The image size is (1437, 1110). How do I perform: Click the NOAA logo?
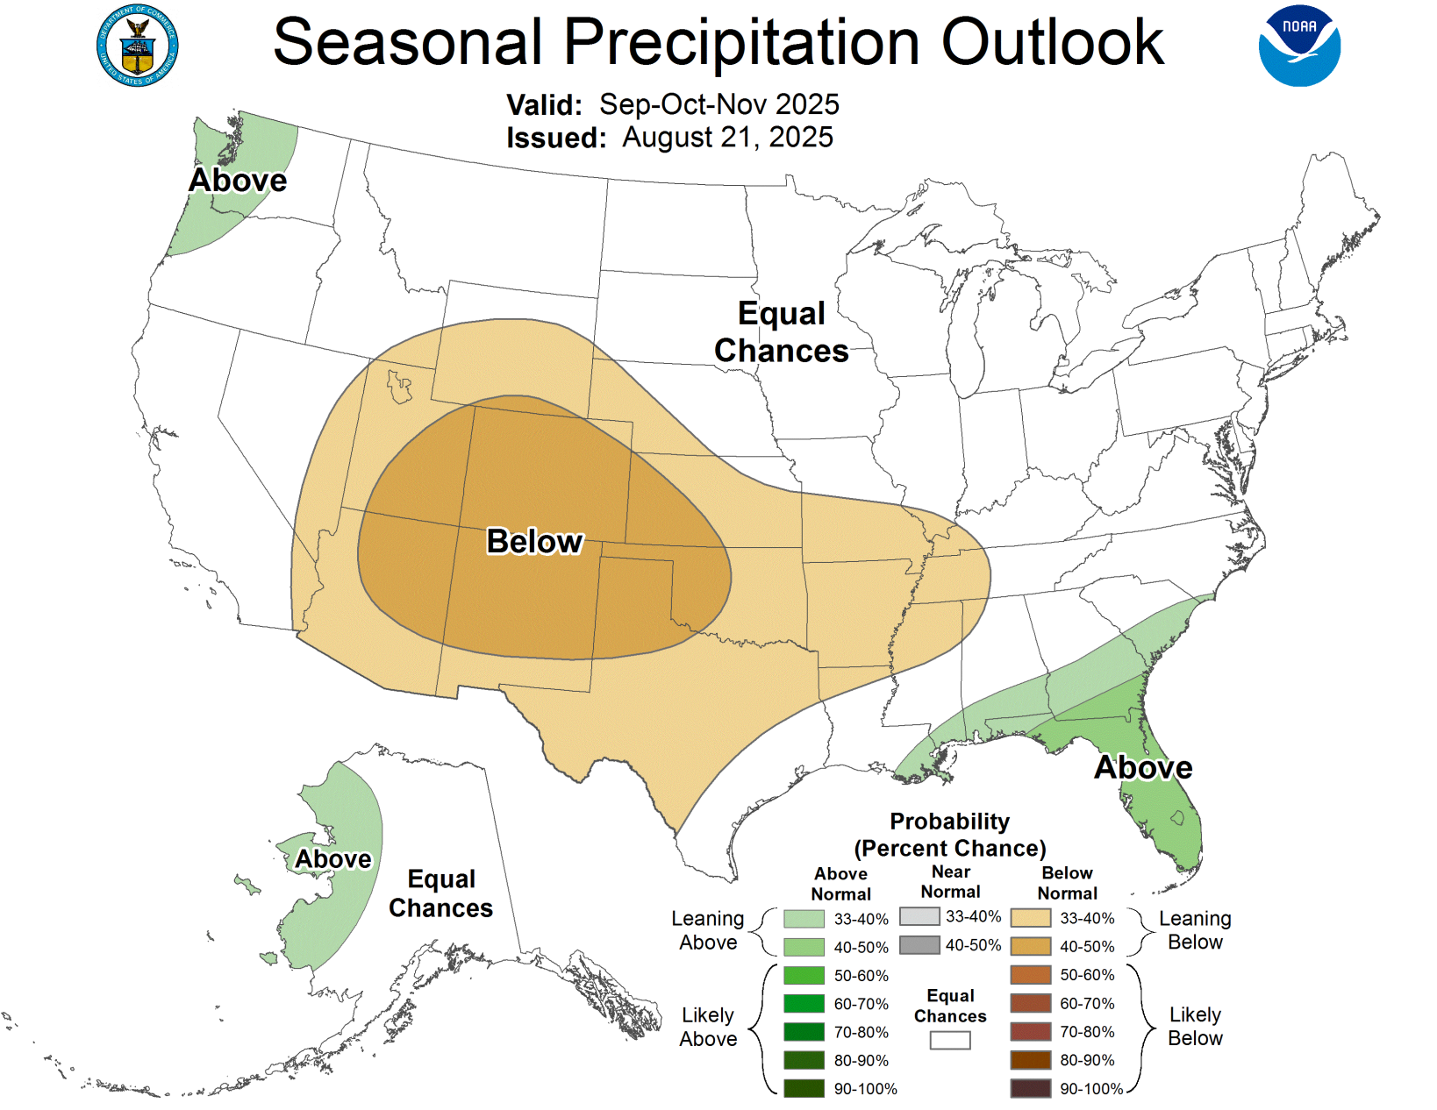coord(1299,46)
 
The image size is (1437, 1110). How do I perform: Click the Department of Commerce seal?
coord(137,46)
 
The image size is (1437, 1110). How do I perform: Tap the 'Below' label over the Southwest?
coord(534,542)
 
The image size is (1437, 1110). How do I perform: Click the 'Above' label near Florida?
coord(1143,768)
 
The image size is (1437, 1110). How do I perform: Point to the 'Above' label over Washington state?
coord(238,181)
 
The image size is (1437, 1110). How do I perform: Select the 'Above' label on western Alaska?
coord(332,859)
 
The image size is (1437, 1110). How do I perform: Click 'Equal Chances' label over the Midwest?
coord(781,332)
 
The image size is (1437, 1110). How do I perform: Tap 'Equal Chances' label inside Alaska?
coord(440,893)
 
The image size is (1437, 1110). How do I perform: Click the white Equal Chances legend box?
coord(950,1041)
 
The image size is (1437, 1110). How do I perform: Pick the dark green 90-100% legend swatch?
coord(804,1089)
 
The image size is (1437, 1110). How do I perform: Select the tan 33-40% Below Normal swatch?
coord(1031,918)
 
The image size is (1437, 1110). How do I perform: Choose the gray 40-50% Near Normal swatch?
coord(919,945)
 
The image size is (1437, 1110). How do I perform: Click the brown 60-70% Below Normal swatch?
coord(1031,1003)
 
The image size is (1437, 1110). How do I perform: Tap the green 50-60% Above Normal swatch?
coord(804,975)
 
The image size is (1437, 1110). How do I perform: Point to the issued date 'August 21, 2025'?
coord(727,138)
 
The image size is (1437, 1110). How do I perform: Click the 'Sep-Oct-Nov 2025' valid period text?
coord(718,104)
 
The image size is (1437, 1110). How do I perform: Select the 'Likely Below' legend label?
coord(1195,1026)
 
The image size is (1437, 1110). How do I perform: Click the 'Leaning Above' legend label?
coord(708,930)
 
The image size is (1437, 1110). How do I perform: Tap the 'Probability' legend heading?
coord(949,822)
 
